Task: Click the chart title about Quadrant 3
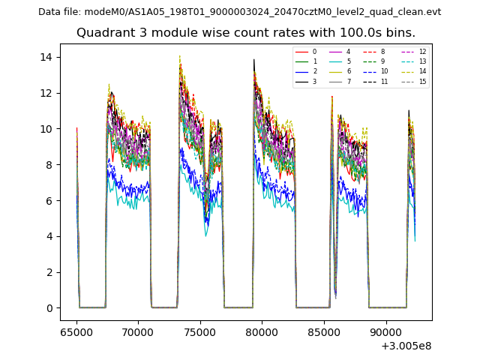[246, 33]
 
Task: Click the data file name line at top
[240, 12]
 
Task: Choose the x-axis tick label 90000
[386, 331]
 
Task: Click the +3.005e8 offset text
[406, 345]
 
